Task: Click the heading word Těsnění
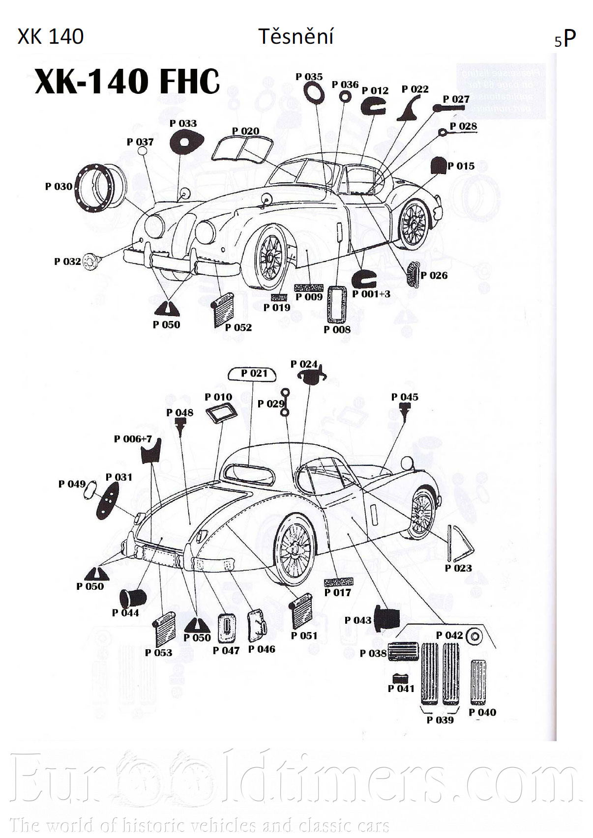coord(296,37)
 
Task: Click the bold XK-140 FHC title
coord(127,81)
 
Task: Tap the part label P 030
coord(59,187)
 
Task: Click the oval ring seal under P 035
coord(313,92)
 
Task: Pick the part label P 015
coord(461,166)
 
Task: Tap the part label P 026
coord(434,275)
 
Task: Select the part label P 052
coord(238,327)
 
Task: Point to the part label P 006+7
coord(133,439)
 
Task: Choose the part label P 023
coord(458,568)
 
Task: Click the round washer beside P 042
coord(474,636)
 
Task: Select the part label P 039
coord(440,720)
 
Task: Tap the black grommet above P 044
coord(133,598)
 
